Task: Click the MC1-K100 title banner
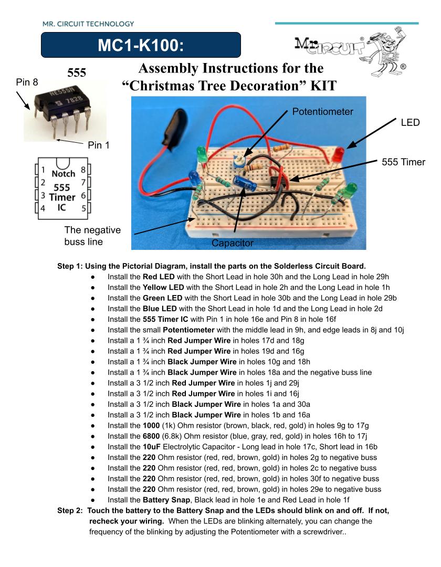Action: [x=141, y=45]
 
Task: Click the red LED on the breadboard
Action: [x=338, y=155]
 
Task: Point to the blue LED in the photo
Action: [x=194, y=178]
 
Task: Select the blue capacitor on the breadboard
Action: [x=245, y=183]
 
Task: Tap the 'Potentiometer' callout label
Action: [x=322, y=111]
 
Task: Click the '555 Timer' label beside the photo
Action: [x=403, y=162]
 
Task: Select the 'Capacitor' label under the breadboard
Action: [x=233, y=243]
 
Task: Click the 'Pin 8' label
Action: [x=27, y=82]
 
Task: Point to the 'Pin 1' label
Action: [x=98, y=145]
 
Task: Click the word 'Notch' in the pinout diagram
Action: [x=63, y=174]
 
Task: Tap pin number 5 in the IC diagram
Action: [x=83, y=208]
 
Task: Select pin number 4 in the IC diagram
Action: [x=43, y=208]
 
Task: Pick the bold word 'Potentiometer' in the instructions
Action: [x=188, y=330]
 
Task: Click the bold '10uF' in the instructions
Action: [x=152, y=447]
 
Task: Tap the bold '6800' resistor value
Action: [x=151, y=436]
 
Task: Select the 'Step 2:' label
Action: [x=70, y=511]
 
